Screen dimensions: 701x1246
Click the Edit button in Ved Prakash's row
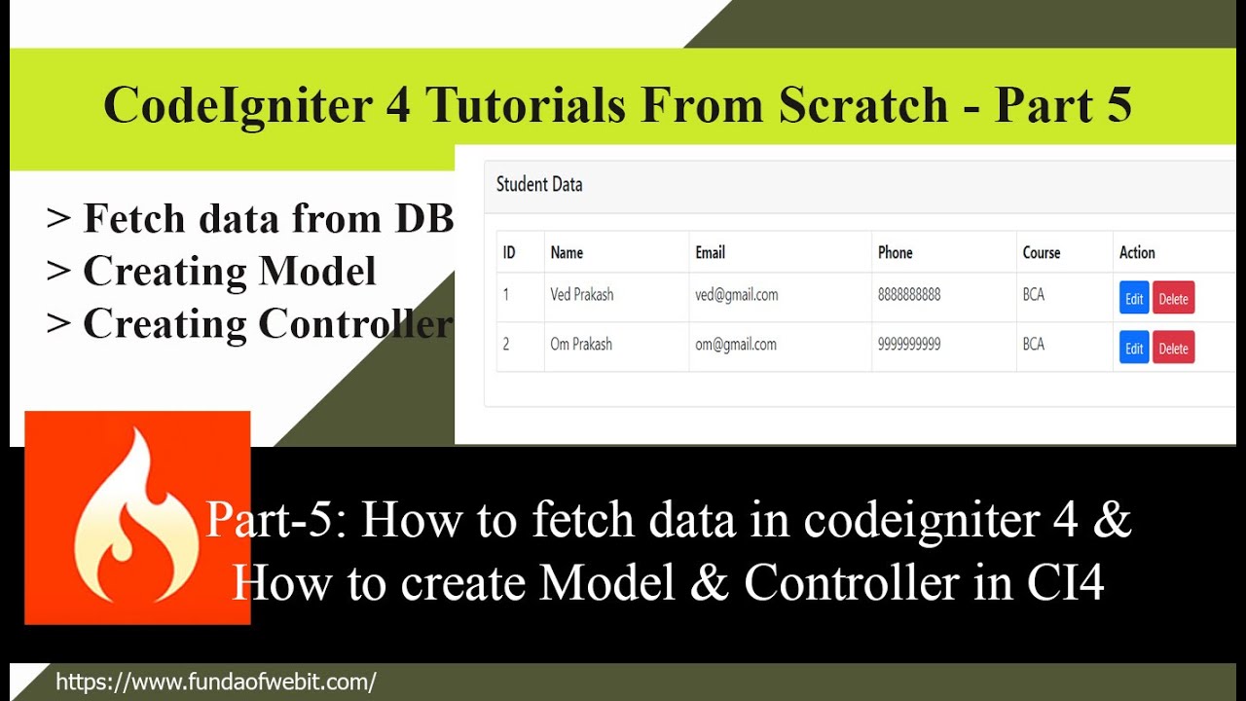[1134, 299]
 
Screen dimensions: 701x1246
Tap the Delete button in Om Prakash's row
[1173, 348]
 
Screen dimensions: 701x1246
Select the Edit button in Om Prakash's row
[1134, 348]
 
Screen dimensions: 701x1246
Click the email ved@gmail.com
[736, 295]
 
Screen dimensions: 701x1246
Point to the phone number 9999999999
[908, 344]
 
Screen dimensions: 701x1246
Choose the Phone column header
[895, 252]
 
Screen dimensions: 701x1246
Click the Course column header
[1041, 252]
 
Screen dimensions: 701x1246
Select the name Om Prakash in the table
[581, 344]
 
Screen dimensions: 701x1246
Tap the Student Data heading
[539, 184]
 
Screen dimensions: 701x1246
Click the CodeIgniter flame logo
[137, 517]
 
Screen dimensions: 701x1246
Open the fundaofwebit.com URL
[215, 682]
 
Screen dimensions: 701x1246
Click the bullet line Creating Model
[229, 272]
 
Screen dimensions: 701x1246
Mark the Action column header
[1136, 252]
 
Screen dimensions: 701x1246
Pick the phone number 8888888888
[908, 295]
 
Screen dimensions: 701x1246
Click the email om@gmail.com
[735, 344]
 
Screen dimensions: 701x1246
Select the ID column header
[509, 252]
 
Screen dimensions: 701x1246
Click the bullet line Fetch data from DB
[268, 219]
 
